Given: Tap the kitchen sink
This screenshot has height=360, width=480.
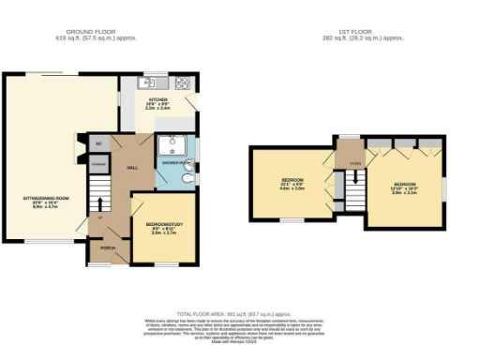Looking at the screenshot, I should [x=146, y=83].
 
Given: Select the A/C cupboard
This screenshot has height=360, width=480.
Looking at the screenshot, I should [x=97, y=144].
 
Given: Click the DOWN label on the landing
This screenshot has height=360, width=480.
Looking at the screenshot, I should [x=354, y=163].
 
